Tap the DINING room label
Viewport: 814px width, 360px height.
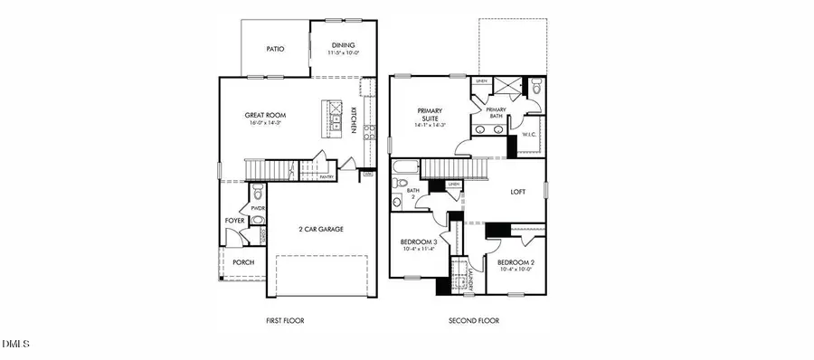coord(343,45)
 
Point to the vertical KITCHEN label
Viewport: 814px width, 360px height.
coord(354,120)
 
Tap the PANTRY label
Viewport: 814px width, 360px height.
coord(327,177)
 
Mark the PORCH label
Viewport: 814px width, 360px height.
coord(243,262)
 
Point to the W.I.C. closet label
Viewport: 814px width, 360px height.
coord(530,135)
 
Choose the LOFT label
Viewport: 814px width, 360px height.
coord(517,192)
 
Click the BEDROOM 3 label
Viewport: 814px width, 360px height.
coord(419,242)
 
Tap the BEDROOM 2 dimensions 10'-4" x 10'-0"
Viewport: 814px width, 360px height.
coord(516,269)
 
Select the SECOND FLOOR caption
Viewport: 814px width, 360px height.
coord(474,320)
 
